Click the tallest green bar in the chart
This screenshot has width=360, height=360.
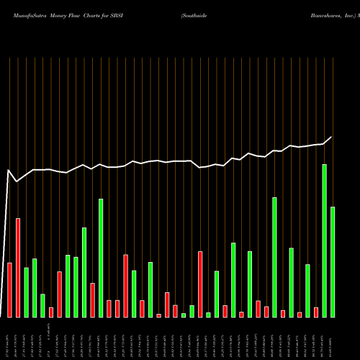[324, 240]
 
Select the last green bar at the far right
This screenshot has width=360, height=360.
[333, 261]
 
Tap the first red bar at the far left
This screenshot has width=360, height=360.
[9, 289]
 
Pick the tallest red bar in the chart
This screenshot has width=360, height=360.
[18, 267]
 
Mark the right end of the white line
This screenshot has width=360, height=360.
[332, 137]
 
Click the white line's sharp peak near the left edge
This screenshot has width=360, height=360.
[9, 171]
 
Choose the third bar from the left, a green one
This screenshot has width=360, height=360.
[26, 292]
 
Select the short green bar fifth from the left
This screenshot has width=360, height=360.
[42, 305]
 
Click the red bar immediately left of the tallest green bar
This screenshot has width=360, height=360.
[316, 312]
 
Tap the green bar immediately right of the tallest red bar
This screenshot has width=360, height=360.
[26, 292]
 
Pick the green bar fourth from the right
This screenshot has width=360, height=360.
[307, 291]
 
